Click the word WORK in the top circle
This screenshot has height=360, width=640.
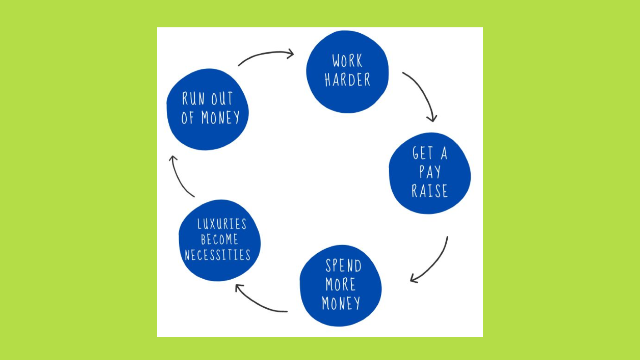click(x=347, y=61)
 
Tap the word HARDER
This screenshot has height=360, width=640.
click(x=347, y=80)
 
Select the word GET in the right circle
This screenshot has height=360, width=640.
click(x=423, y=153)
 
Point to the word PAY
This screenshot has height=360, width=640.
click(x=430, y=172)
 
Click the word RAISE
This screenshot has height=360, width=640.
click(x=429, y=191)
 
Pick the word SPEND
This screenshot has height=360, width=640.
click(x=343, y=266)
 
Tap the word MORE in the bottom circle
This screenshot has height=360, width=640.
click(x=340, y=284)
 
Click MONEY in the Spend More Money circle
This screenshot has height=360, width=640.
click(x=341, y=303)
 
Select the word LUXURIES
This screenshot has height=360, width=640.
click(x=222, y=224)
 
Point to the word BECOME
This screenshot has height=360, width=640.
click(x=219, y=239)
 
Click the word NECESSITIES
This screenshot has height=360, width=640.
click(x=217, y=255)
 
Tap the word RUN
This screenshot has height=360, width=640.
click(x=193, y=99)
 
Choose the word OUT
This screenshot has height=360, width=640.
click(x=222, y=99)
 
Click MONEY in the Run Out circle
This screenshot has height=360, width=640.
click(x=220, y=118)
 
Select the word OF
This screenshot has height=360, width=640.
click(x=187, y=118)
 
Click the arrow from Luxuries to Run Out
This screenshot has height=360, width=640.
click(x=179, y=177)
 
